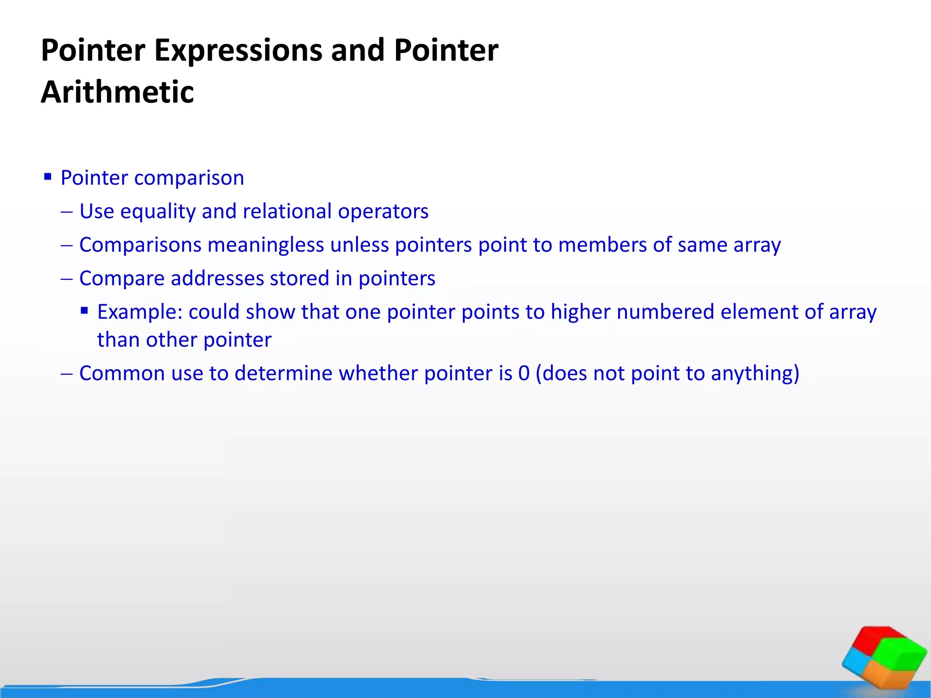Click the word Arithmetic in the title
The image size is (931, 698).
117,92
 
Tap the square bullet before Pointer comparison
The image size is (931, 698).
48,176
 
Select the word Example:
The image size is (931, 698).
140,312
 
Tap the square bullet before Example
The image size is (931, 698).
85,311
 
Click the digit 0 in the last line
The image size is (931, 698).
524,374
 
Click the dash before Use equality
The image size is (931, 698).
66,212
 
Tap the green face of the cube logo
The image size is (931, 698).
902,654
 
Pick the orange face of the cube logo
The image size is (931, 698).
886,675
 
